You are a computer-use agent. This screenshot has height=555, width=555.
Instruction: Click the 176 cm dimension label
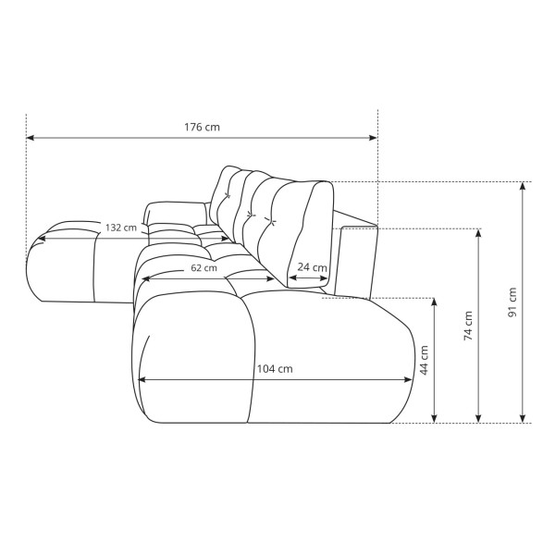click(202, 127)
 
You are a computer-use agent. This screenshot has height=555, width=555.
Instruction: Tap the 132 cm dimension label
click(121, 228)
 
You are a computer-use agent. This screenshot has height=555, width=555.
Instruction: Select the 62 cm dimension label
click(203, 268)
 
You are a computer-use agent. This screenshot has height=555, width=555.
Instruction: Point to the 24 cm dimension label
click(312, 267)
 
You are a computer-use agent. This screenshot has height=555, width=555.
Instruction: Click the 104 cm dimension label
click(275, 369)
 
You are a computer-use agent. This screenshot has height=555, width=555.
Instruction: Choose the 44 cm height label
click(424, 360)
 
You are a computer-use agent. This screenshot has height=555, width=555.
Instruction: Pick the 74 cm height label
click(468, 326)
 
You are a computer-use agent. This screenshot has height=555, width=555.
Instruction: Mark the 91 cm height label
click(512, 302)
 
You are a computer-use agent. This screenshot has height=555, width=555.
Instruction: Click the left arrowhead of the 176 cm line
click(31, 138)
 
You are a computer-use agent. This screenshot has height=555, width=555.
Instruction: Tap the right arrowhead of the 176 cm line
click(373, 138)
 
